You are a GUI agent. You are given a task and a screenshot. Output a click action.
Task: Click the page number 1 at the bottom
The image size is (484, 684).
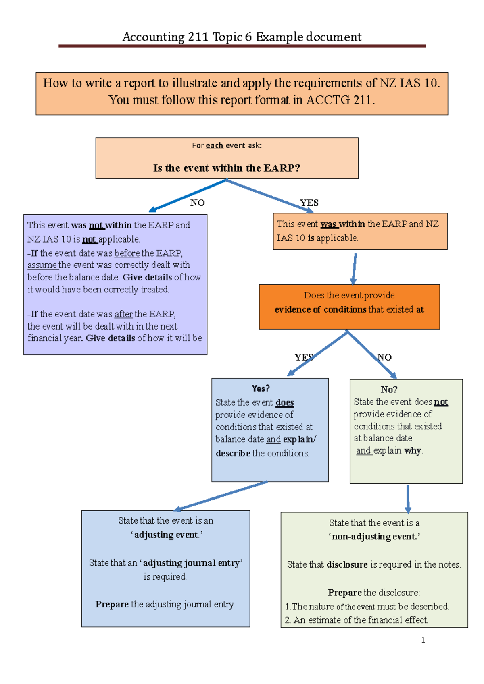click(423, 640)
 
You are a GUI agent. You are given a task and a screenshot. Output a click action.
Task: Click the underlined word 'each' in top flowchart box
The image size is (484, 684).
click(214, 145)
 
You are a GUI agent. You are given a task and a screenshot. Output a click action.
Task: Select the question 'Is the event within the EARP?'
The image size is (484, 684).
click(227, 168)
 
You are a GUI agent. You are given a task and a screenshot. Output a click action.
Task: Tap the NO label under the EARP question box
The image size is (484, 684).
click(197, 203)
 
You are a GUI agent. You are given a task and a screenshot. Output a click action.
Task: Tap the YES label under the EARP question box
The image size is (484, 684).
click(309, 203)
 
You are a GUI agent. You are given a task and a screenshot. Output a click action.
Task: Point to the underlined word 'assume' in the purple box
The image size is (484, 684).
click(42, 265)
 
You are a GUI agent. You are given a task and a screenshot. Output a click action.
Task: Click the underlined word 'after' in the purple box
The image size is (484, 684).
click(123, 314)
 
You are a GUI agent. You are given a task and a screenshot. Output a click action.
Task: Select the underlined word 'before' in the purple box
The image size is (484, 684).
click(127, 253)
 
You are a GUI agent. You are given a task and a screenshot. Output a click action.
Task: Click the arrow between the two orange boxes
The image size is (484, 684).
click(354, 268)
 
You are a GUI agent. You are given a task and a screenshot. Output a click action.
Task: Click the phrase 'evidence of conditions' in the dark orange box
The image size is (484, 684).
click(320, 309)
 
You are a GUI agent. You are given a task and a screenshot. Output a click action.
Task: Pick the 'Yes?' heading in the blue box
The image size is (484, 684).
click(261, 388)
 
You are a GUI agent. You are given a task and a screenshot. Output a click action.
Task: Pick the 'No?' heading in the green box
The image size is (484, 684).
click(389, 390)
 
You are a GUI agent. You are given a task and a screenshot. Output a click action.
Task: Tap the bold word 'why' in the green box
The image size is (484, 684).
click(413, 450)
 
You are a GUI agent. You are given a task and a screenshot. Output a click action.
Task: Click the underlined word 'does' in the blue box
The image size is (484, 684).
click(284, 402)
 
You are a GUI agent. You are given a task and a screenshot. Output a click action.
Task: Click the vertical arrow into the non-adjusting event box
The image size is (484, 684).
click(408, 499)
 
